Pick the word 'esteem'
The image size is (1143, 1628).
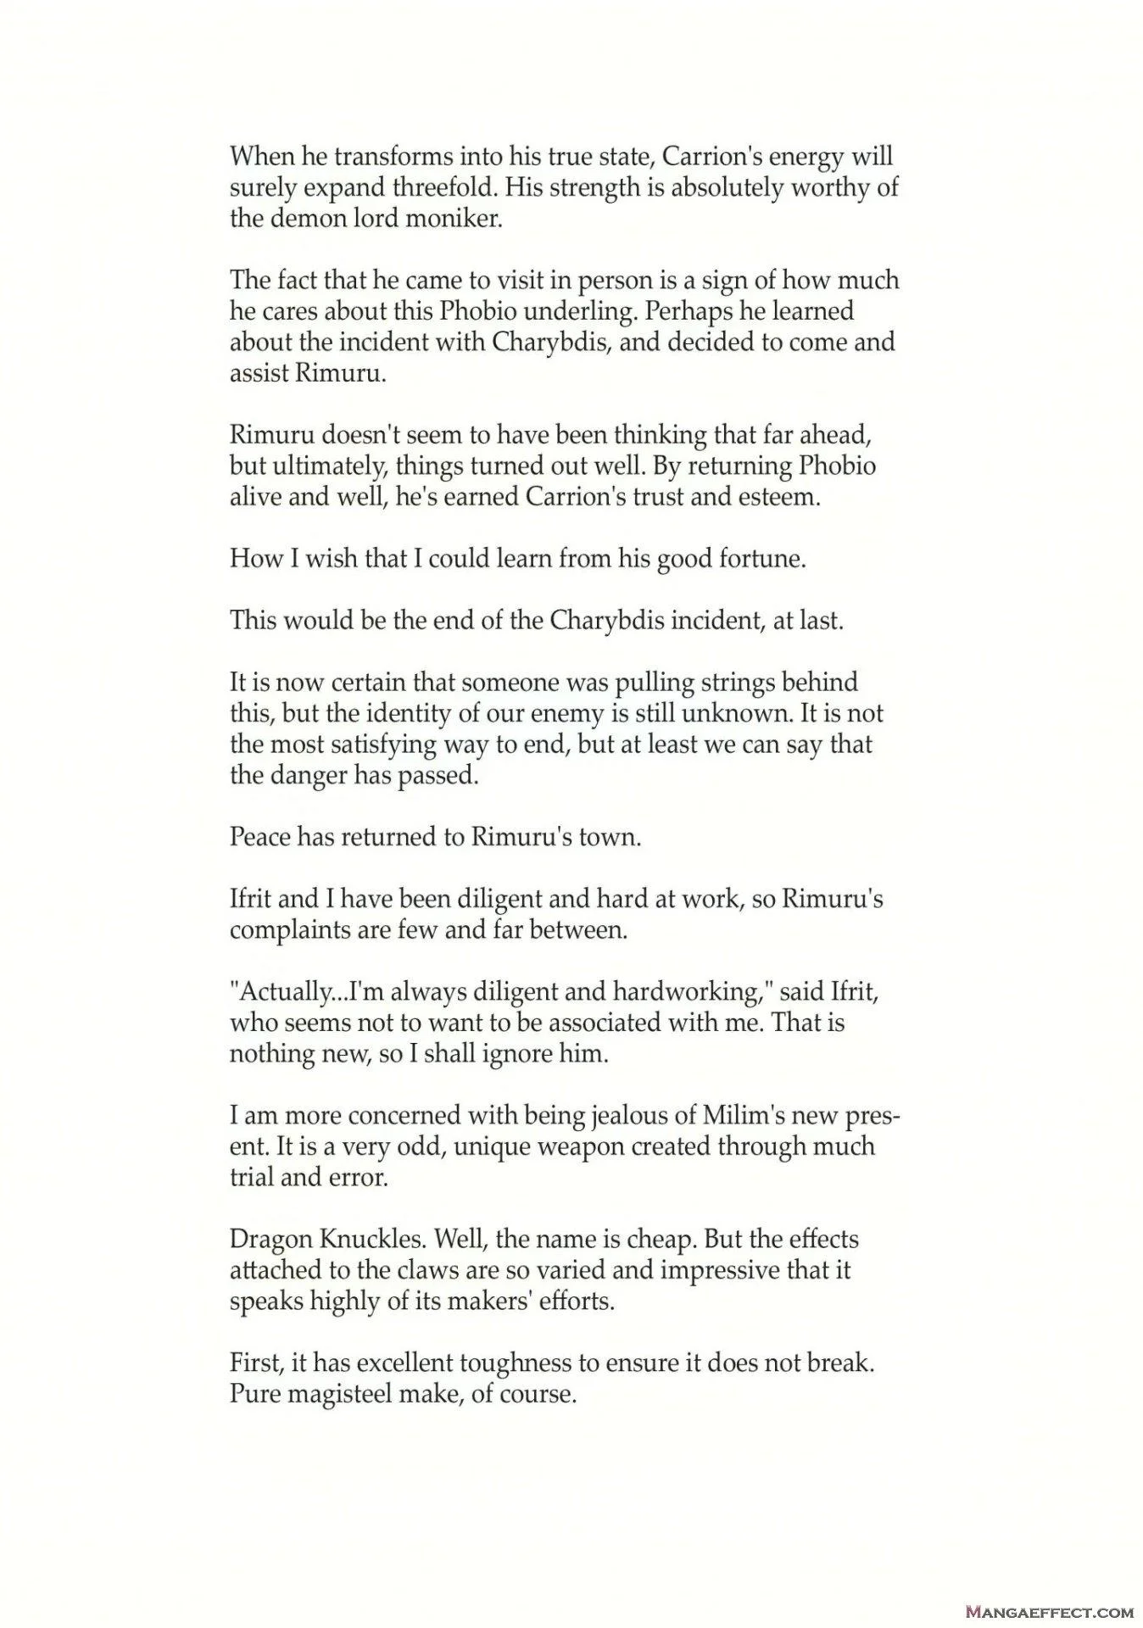[x=781, y=497]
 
